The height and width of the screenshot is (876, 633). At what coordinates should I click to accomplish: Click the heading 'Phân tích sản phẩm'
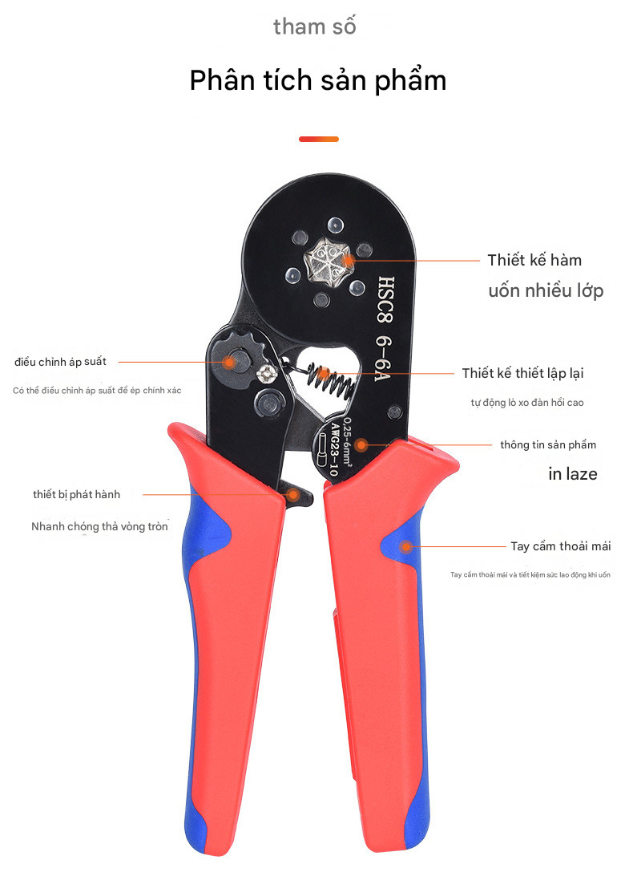(317, 81)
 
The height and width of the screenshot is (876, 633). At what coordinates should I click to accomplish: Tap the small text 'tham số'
(314, 26)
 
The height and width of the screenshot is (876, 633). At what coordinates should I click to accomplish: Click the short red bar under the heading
(318, 139)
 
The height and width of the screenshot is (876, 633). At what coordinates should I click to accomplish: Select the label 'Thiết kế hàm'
(534, 260)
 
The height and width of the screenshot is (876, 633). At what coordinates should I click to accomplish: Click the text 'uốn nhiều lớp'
(546, 290)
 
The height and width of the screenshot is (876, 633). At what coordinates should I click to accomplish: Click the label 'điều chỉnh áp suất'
(60, 362)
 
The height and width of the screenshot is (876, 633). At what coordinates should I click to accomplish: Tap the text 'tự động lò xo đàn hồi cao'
(526, 403)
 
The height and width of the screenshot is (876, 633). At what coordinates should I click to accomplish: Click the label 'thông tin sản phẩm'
(547, 444)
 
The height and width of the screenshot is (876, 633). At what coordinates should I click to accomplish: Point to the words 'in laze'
(572, 474)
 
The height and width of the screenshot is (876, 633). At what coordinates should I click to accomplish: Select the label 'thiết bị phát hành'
(76, 494)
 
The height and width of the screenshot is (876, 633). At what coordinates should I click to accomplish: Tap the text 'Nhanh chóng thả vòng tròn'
(99, 527)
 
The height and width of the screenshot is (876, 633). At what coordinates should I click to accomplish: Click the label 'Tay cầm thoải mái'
(560, 546)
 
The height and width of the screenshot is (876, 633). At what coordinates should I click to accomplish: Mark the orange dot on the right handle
(406, 547)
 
